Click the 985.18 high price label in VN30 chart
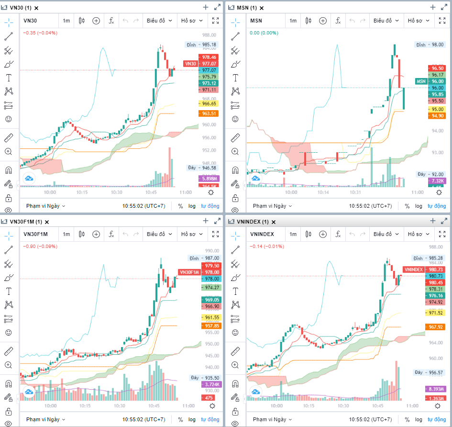click(209, 45)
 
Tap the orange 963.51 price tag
click(209, 113)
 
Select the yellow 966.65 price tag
click(209, 103)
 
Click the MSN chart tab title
click(247, 8)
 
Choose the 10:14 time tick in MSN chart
click(323, 192)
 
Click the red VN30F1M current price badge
click(188, 272)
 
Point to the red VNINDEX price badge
click(413, 270)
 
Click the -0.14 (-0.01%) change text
click(266, 246)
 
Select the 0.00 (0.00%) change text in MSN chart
click(263, 33)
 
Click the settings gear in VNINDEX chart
click(438, 405)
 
